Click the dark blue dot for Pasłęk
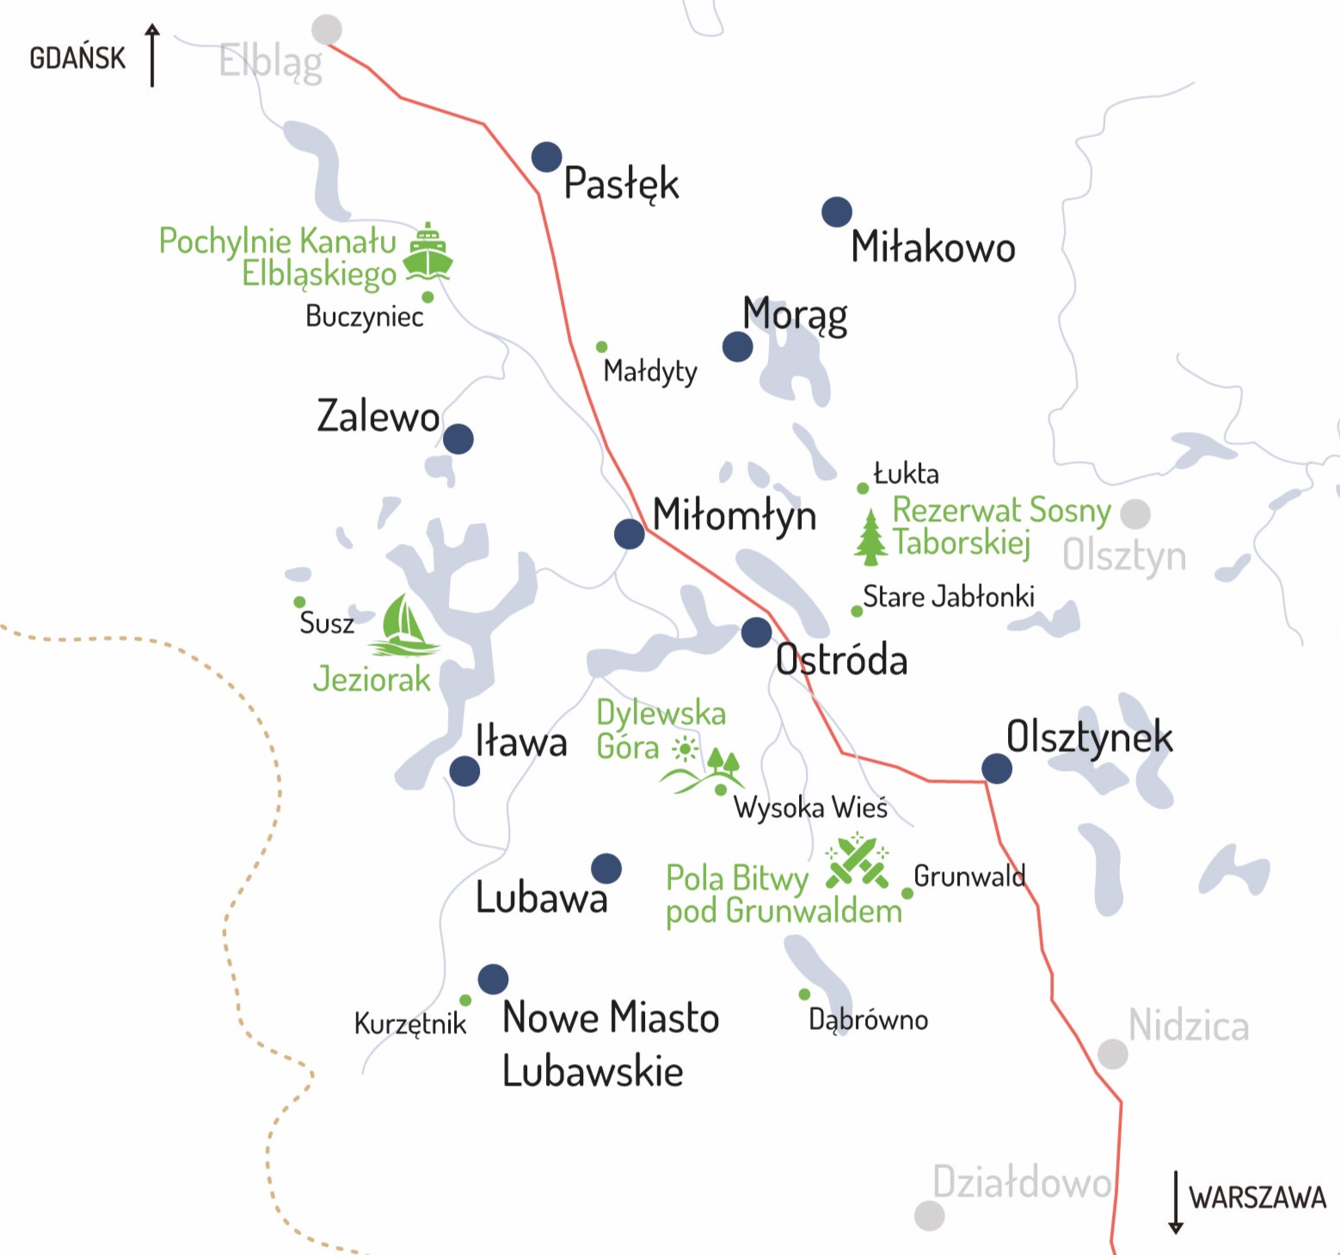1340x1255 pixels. coord(546,157)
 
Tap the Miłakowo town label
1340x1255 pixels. coord(933,248)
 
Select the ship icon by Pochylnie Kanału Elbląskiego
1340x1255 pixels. coord(427,252)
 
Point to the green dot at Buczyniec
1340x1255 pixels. coord(427,298)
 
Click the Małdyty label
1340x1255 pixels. coord(650,372)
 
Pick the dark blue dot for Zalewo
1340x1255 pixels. coord(458,439)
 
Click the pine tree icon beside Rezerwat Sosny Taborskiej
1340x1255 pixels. coord(870,537)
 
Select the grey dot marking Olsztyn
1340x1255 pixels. coord(1135,514)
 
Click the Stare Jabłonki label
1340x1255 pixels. coord(948,597)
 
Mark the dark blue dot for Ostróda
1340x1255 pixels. coord(756,632)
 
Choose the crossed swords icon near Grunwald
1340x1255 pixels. coord(856,861)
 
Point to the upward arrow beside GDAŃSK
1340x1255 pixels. coord(152,56)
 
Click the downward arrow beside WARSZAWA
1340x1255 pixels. coord(1176,1202)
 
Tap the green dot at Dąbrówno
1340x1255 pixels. coord(804,994)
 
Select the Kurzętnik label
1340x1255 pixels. coord(409,1024)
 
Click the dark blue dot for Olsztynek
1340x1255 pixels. coord(997,768)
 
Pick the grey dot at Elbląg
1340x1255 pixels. coord(327,29)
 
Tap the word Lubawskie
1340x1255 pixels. coord(593,1072)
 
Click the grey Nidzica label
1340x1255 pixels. coord(1188,1026)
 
